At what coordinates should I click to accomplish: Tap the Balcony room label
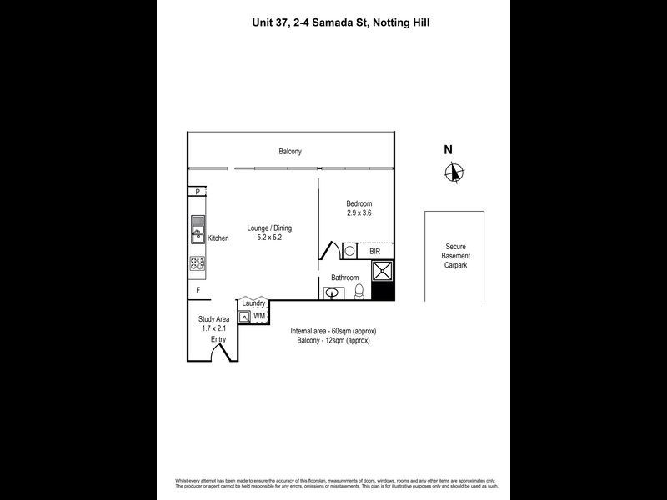(290, 152)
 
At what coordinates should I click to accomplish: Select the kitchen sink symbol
(198, 228)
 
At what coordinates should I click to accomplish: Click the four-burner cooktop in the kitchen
(198, 263)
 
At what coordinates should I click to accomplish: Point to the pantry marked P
(197, 192)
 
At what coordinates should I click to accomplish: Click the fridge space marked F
(198, 291)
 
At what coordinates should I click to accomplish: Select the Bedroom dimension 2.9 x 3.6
(359, 213)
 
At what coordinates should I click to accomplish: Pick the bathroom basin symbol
(333, 292)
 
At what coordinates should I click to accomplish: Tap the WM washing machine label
(259, 317)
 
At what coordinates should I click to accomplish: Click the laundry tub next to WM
(244, 317)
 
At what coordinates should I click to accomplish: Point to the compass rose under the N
(454, 172)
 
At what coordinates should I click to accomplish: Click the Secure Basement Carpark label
(456, 256)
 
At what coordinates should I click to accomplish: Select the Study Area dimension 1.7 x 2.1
(213, 328)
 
